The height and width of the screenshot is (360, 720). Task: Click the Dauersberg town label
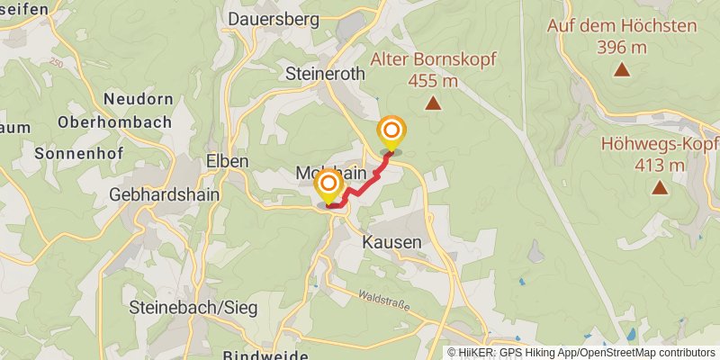pyautogui.click(x=274, y=18)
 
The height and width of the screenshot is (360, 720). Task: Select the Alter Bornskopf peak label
pyautogui.click(x=433, y=59)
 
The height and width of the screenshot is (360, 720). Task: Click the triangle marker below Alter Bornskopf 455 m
pyautogui.click(x=433, y=104)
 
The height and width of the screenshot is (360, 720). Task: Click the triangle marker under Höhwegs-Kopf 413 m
pyautogui.click(x=660, y=187)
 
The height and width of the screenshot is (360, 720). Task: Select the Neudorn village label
pyautogui.click(x=138, y=98)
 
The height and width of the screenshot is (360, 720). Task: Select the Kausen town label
pyautogui.click(x=391, y=243)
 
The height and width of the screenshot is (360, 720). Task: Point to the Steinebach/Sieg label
pyautogui.click(x=193, y=308)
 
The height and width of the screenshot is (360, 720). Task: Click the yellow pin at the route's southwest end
pyautogui.click(x=329, y=187)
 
